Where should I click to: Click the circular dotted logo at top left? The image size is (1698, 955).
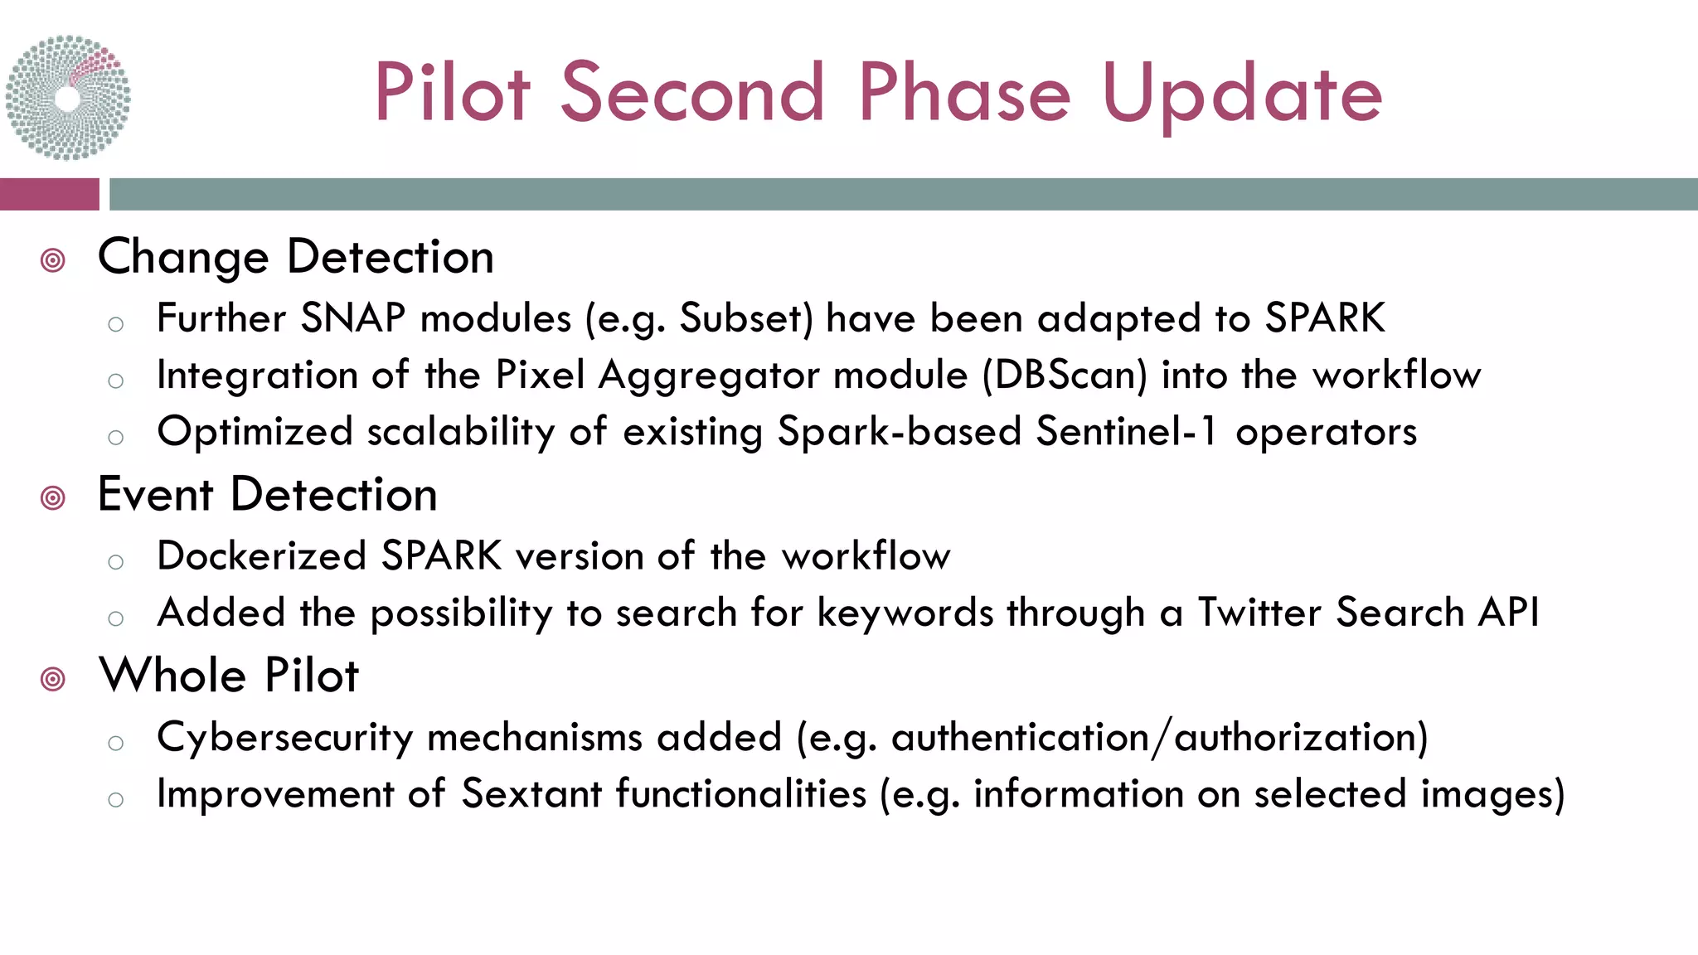click(x=68, y=97)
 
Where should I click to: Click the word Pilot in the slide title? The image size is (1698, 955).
click(x=452, y=93)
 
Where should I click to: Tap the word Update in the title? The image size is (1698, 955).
click(x=1241, y=95)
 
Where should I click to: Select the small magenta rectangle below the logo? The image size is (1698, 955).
click(x=49, y=194)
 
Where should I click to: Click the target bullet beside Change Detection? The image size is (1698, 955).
click(x=53, y=260)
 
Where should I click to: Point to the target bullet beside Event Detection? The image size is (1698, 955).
click(x=53, y=498)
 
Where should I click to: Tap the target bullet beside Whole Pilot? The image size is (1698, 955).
click(x=53, y=679)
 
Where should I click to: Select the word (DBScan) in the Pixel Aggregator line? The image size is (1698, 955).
click(x=1065, y=376)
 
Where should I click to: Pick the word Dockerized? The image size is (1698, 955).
click(x=261, y=556)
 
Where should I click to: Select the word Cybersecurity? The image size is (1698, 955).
click(x=284, y=738)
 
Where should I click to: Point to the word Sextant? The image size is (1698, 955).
click(x=531, y=794)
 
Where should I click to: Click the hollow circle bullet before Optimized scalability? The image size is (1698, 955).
click(x=116, y=437)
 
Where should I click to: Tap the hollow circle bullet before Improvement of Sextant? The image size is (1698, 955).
click(x=116, y=799)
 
